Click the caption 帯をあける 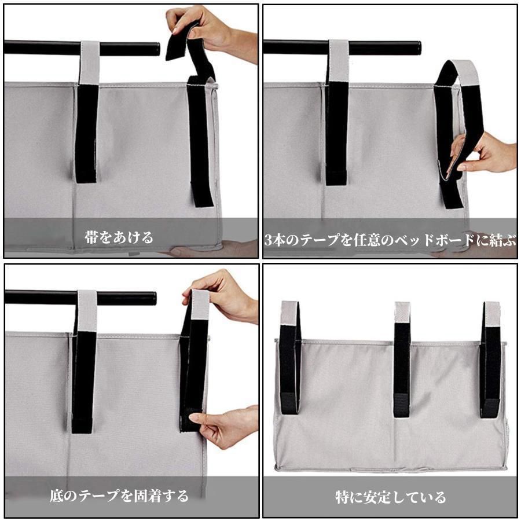click(x=119, y=237)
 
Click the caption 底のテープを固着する click(x=119, y=496)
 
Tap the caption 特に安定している click(x=390, y=497)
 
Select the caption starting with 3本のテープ click(x=390, y=240)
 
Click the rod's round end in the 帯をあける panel click(x=156, y=49)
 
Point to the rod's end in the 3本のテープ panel click(x=417, y=48)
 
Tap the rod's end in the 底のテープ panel click(x=152, y=298)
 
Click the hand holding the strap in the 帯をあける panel click(x=212, y=32)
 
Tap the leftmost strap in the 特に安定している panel click(x=290, y=358)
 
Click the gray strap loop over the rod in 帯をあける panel click(x=89, y=63)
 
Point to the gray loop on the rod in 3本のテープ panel click(x=339, y=62)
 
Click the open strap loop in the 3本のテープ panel click(x=458, y=133)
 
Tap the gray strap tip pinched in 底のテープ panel click(x=200, y=304)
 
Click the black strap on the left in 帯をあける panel click(x=87, y=133)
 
